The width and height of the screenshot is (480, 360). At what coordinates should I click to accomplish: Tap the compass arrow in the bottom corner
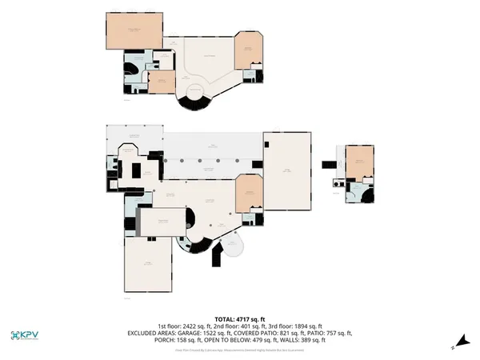[x=454, y=346]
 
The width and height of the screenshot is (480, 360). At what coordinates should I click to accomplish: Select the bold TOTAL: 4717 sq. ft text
[x=239, y=318]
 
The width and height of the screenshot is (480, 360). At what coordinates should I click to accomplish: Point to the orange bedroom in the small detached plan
[x=360, y=163]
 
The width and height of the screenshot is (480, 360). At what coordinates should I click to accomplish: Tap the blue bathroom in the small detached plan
[x=354, y=192]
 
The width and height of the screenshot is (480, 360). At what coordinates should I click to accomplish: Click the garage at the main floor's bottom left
[x=148, y=264]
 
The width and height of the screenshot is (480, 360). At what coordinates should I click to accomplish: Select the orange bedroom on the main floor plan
[x=249, y=193]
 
